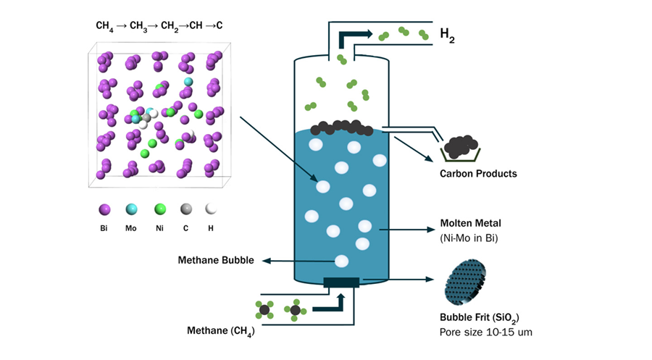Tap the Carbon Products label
pyautogui.click(x=478, y=174)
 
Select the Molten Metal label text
pyautogui.click(x=471, y=222)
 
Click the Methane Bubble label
pyautogui.click(x=216, y=261)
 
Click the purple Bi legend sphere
pyautogui.click(x=105, y=209)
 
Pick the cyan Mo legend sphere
pyautogui.click(x=132, y=209)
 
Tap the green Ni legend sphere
pyautogui.click(x=159, y=209)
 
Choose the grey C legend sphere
pyautogui.click(x=186, y=209)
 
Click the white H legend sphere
pyautogui.click(x=212, y=209)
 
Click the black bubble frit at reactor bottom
pyautogui.click(x=341, y=282)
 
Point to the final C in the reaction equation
pyautogui.click(x=219, y=26)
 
